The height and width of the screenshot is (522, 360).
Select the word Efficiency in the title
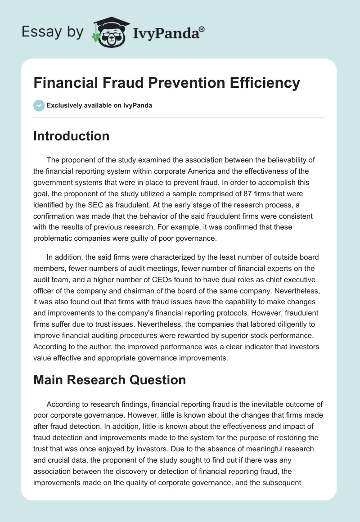click(263, 83)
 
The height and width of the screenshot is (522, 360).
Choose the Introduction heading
click(71, 136)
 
